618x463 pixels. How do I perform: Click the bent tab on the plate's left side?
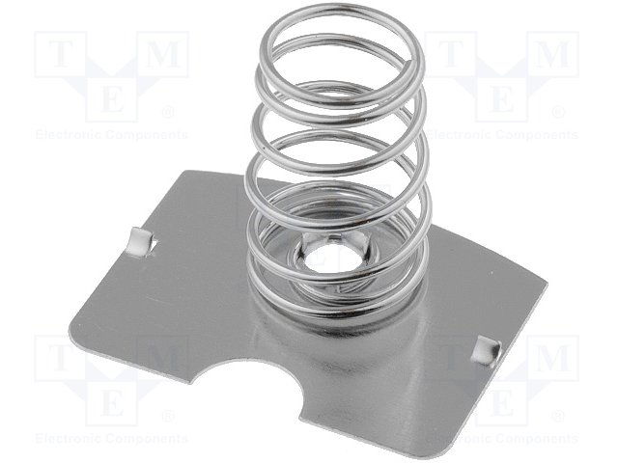pyautogui.click(x=141, y=241)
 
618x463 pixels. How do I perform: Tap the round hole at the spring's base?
pyautogui.click(x=318, y=257)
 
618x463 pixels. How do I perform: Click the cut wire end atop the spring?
pyautogui.click(x=409, y=63)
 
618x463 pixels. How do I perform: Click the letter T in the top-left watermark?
pyautogui.click(x=60, y=54)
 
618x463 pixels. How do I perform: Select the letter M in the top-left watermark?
pyautogui.click(x=163, y=54)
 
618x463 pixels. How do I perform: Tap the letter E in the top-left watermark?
pyautogui.click(x=112, y=99)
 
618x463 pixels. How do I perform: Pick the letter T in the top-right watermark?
pyautogui.click(x=451, y=54)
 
